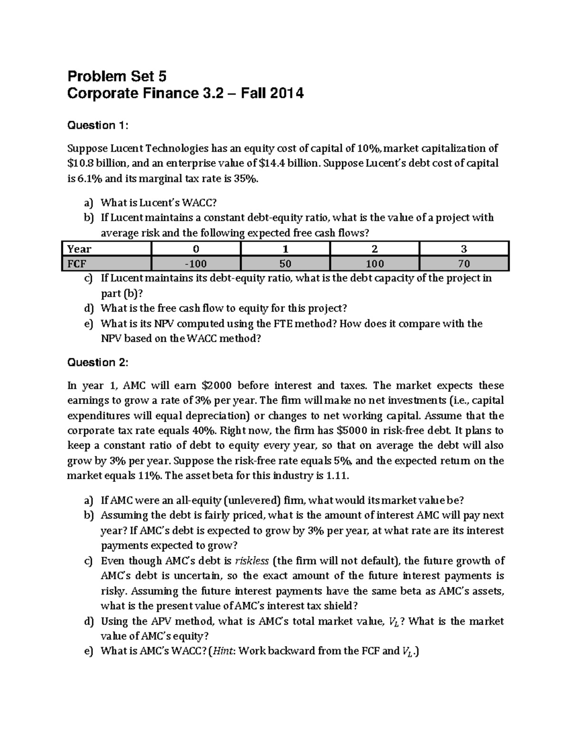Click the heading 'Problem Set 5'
(x=117, y=76)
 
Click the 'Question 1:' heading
(x=98, y=126)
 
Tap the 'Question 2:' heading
(x=98, y=363)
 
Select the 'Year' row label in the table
(x=79, y=249)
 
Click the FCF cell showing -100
(x=196, y=264)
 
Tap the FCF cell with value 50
(x=285, y=264)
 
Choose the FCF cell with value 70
(x=464, y=264)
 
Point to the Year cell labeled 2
(x=374, y=249)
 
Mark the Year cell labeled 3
(x=464, y=249)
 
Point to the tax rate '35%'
(x=250, y=178)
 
